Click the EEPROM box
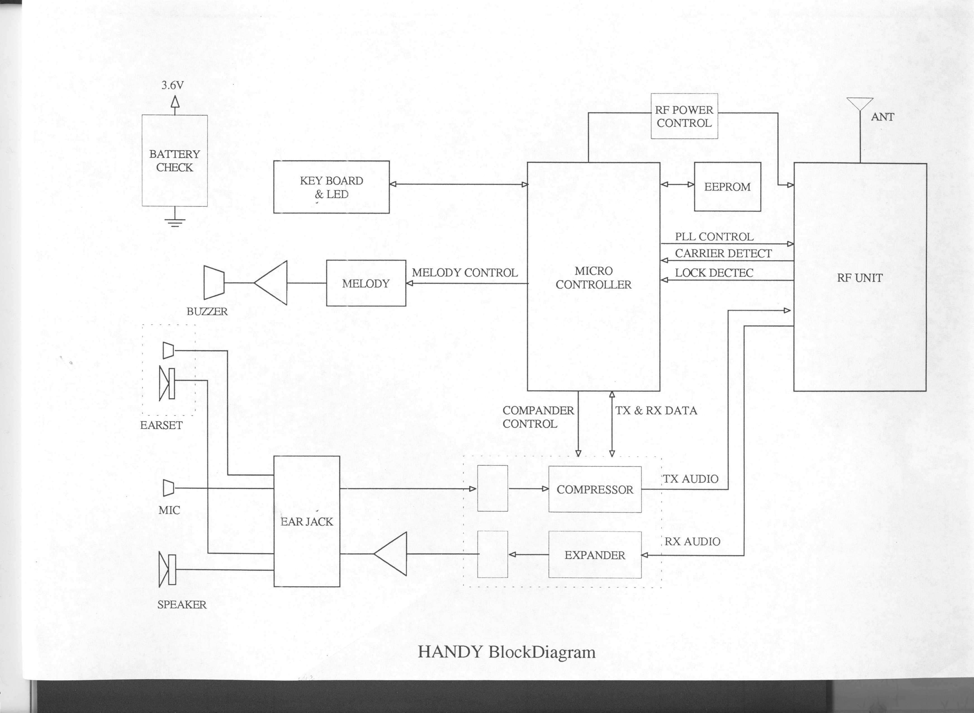click(727, 187)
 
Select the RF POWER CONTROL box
click(684, 116)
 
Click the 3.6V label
click(172, 85)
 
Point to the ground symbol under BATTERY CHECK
click(175, 222)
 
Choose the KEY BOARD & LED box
click(331, 187)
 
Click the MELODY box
click(366, 283)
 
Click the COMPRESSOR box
click(595, 489)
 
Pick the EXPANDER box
click(595, 555)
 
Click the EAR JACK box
click(307, 521)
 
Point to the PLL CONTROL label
click(714, 237)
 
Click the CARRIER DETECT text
click(723, 253)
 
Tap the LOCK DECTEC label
click(714, 273)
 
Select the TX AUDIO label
click(691, 479)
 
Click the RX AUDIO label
click(692, 541)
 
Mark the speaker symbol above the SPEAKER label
click(167, 570)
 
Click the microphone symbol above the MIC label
click(168, 488)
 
